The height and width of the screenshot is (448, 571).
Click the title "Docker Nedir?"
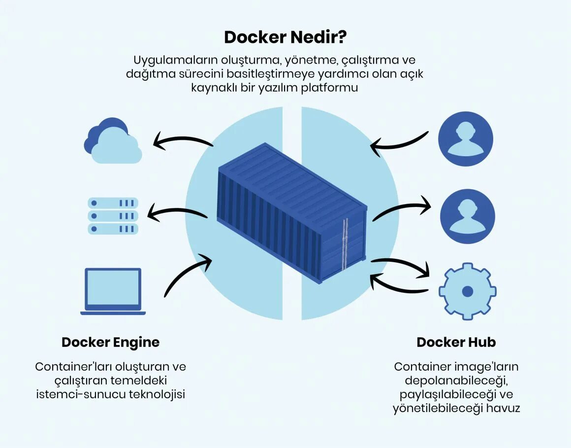click(x=285, y=37)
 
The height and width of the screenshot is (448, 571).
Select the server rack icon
click(x=113, y=216)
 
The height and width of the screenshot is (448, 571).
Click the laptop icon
click(x=113, y=291)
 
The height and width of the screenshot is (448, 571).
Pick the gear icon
click(x=467, y=291)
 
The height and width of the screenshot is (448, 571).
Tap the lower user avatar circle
click(x=467, y=216)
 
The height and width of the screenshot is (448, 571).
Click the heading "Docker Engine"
click(x=110, y=342)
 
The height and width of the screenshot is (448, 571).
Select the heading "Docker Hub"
click(x=456, y=342)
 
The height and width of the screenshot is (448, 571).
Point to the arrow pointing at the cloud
click(x=182, y=141)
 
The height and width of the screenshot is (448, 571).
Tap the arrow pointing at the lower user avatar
click(x=401, y=209)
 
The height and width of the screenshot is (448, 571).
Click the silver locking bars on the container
click(x=345, y=244)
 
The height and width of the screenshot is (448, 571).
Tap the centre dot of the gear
click(x=467, y=291)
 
